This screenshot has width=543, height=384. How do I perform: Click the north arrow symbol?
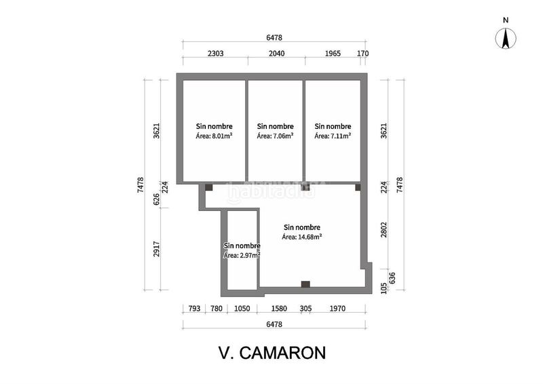(506, 39)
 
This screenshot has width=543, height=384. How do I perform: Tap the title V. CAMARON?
(272, 353)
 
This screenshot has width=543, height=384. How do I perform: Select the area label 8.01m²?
(214, 136)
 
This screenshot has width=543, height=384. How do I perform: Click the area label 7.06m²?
(275, 136)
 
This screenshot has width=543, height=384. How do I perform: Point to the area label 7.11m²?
(333, 136)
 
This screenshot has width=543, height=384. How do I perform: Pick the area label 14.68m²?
(302, 237)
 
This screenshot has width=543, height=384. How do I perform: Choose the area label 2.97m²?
(242, 255)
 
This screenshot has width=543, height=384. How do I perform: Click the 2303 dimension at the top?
(215, 52)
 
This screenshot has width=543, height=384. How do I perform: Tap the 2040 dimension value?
(276, 52)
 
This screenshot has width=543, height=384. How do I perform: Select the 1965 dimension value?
(333, 52)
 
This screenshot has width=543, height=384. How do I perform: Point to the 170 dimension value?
(362, 52)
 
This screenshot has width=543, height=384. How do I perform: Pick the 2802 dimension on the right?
(383, 230)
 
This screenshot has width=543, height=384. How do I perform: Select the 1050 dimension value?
(242, 309)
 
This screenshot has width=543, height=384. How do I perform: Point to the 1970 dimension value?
(337, 309)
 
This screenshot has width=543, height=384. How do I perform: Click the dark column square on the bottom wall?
(305, 284)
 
